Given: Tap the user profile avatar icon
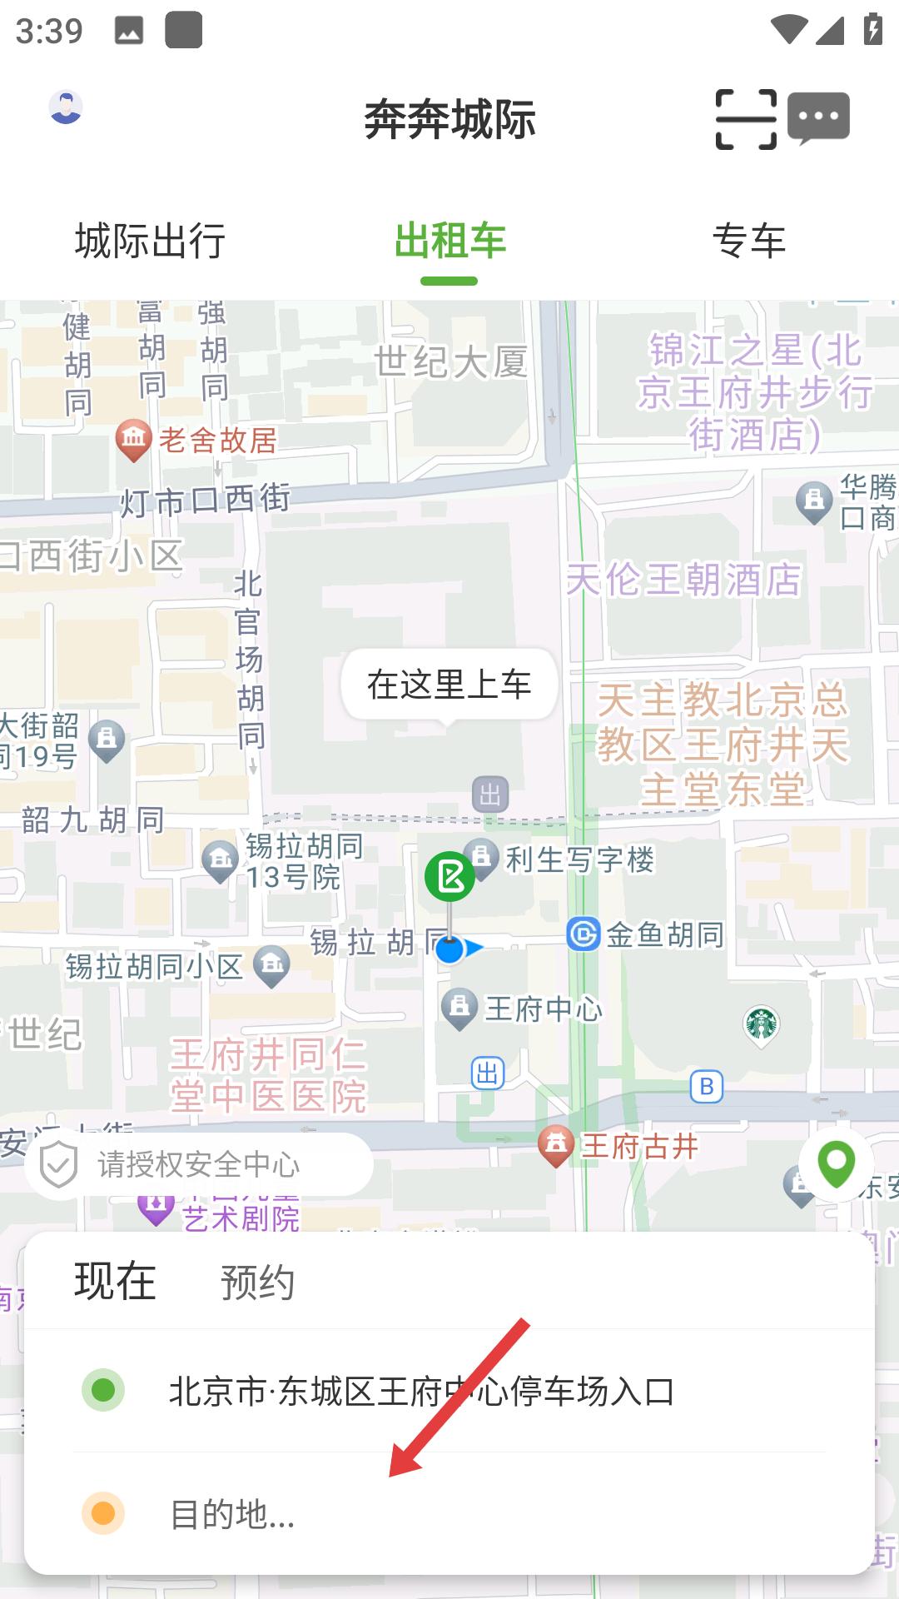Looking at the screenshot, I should [x=66, y=107].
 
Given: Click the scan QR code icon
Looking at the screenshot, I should [x=746, y=120].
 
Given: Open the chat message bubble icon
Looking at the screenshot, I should [x=818, y=118].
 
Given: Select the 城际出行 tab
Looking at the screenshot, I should [x=150, y=242].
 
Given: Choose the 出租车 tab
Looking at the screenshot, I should [x=449, y=242].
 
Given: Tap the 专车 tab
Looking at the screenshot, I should [x=749, y=242].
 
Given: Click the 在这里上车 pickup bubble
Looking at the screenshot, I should [x=449, y=685].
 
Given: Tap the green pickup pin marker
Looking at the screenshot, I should [x=449, y=876].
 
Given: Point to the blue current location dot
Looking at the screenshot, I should [x=449, y=949].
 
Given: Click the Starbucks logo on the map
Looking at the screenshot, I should [x=761, y=1024].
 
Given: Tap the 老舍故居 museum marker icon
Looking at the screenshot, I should [x=133, y=439].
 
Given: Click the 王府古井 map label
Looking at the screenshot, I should [x=638, y=1147].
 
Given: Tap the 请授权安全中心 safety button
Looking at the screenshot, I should [x=198, y=1164].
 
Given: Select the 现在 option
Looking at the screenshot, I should [x=116, y=1281].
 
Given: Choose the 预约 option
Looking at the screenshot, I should [x=257, y=1283].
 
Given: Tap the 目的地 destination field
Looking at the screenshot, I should [x=233, y=1514].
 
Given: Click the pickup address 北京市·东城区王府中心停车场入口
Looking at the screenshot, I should [x=421, y=1391].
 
